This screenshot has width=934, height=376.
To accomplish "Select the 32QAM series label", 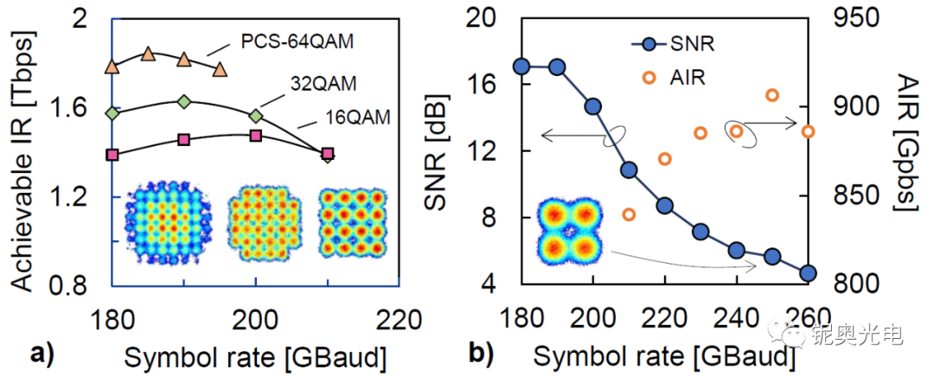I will tap(323, 84).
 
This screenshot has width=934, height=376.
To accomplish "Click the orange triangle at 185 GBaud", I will tap(148, 54).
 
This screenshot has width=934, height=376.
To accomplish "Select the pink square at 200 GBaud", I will tap(255, 136).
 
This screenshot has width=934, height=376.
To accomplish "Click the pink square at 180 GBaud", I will tap(112, 155).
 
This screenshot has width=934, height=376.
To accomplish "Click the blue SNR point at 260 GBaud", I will tap(808, 273).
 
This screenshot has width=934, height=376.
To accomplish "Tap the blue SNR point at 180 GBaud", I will tap(521, 67).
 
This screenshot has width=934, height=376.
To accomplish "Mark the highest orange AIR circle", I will tap(772, 95).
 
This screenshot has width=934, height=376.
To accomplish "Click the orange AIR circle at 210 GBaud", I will tap(629, 214).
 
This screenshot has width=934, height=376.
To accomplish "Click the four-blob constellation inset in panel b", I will tap(568, 231).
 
